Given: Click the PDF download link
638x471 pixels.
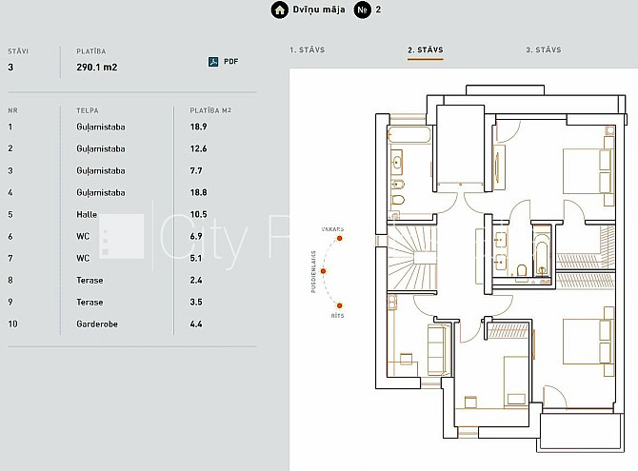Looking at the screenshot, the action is (223, 62).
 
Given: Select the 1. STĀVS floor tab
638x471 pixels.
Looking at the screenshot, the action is (308, 49).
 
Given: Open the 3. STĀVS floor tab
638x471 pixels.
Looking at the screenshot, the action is (543, 49).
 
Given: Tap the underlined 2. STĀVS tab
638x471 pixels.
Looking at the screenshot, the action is (426, 49).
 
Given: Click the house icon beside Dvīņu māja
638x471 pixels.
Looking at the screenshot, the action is (280, 10).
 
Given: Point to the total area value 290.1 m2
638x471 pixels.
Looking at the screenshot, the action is (97, 68).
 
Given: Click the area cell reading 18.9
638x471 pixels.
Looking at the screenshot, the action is (199, 127).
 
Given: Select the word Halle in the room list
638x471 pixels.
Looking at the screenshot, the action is (87, 214).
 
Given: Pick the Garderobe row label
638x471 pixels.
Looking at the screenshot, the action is (97, 324).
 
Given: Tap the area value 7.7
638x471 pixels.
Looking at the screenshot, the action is (196, 170).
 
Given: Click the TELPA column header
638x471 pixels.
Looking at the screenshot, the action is (87, 110).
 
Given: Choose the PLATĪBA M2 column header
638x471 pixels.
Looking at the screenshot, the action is (210, 110).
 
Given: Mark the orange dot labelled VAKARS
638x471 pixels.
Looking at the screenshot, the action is (339, 238).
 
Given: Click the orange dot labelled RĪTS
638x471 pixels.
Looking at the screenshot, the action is (339, 305).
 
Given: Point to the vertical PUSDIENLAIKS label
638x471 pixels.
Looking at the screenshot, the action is (313, 271).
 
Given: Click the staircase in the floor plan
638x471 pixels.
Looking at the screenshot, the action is (411, 258).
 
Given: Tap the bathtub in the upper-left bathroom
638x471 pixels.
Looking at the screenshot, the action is (409, 134).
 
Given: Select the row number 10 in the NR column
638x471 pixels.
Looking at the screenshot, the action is (12, 324).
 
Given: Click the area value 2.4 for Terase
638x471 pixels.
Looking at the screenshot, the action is (196, 280).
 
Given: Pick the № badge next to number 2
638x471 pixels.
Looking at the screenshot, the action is (362, 10).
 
